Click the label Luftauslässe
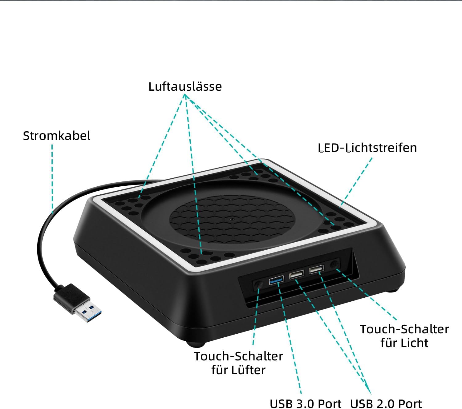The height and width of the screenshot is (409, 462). [x=185, y=86]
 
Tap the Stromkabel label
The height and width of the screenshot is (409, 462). [x=57, y=136]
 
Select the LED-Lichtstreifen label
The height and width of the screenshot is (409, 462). [x=367, y=148]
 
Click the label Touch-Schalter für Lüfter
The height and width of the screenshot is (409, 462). [x=238, y=363]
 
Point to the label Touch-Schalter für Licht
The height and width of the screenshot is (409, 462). [x=404, y=336]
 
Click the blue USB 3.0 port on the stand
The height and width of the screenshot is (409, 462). [x=276, y=280]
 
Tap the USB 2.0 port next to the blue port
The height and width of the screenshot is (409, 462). [x=296, y=274]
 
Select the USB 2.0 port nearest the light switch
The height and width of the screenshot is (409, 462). [x=317, y=269]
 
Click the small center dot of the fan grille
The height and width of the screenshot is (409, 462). [x=232, y=220]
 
